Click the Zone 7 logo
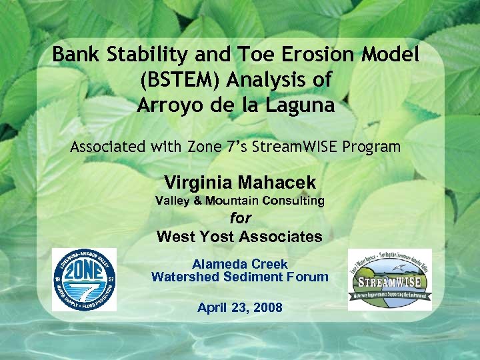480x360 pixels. click(x=84, y=279)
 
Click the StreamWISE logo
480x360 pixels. click(x=390, y=279)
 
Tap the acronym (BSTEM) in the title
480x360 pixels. click(x=179, y=80)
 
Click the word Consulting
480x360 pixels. click(x=293, y=201)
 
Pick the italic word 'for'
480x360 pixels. click(x=240, y=218)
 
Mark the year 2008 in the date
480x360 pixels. click(x=267, y=307)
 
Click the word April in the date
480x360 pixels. click(x=212, y=307)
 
